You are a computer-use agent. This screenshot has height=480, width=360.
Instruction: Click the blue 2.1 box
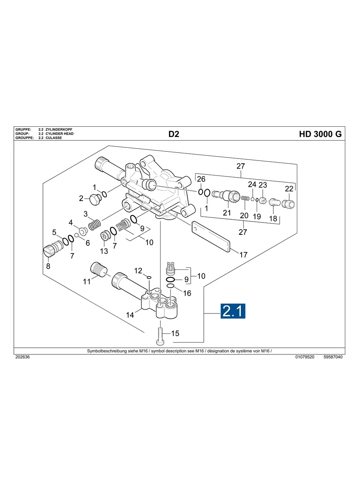[233, 311]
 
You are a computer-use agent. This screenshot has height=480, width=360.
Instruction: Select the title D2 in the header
[174, 134]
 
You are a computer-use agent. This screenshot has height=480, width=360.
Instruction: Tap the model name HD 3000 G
[320, 134]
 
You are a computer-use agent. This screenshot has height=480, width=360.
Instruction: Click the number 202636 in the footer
[22, 357]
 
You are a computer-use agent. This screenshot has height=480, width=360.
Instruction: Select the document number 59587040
[333, 357]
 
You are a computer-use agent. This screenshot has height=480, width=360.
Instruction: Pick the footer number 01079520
[305, 357]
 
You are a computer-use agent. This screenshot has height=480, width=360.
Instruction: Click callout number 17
[243, 255]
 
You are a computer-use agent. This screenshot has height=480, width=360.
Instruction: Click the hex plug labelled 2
[95, 199]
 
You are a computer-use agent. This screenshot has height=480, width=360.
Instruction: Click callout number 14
[130, 315]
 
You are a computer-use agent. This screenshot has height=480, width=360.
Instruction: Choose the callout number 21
[227, 213]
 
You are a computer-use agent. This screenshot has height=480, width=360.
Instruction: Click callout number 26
[201, 179]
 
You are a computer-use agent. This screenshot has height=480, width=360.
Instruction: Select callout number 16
[187, 293]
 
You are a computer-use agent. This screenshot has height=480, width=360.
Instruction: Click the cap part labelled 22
[288, 204]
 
